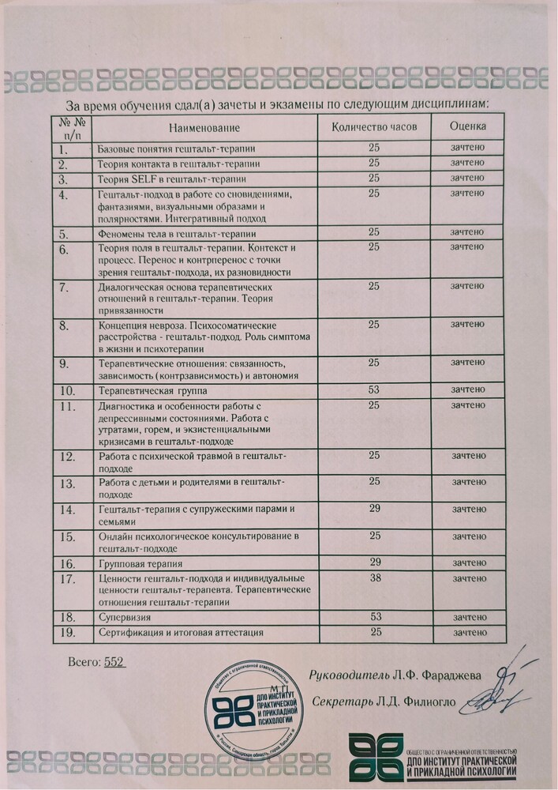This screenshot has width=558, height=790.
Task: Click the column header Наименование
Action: coord(204,127)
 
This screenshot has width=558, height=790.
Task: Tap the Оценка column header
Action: coord(468,126)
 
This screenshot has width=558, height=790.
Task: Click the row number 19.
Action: coord(68,633)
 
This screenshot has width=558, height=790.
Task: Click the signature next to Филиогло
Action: coord(492,698)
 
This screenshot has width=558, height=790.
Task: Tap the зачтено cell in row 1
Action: coord(468,147)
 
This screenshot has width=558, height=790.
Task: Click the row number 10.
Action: coord(68,391)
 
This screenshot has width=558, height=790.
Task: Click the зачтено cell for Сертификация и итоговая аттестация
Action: coord(468,632)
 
